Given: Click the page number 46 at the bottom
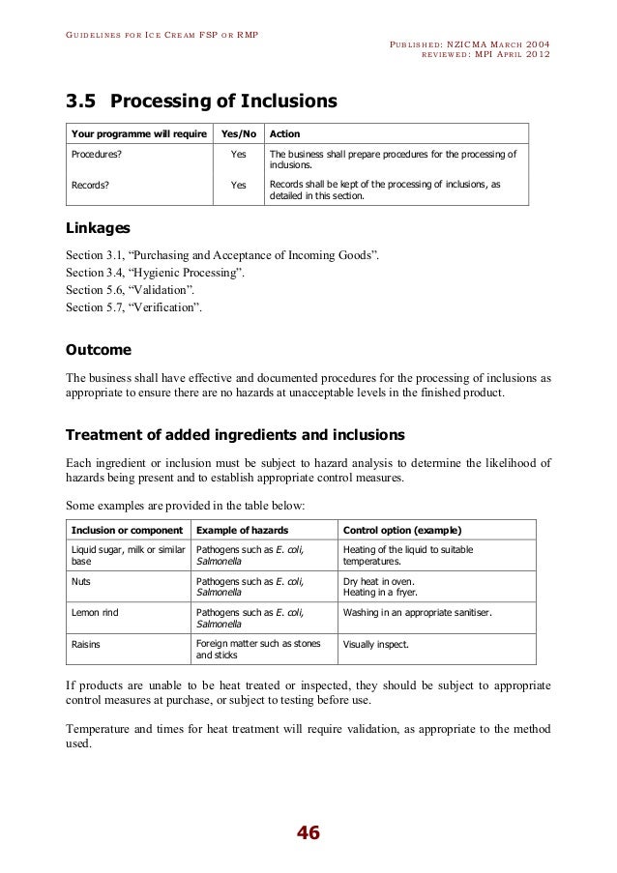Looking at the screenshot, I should point(308,833).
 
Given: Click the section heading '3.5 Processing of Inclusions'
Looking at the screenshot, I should point(200,101).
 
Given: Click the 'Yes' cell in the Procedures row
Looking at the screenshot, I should point(238,154).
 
